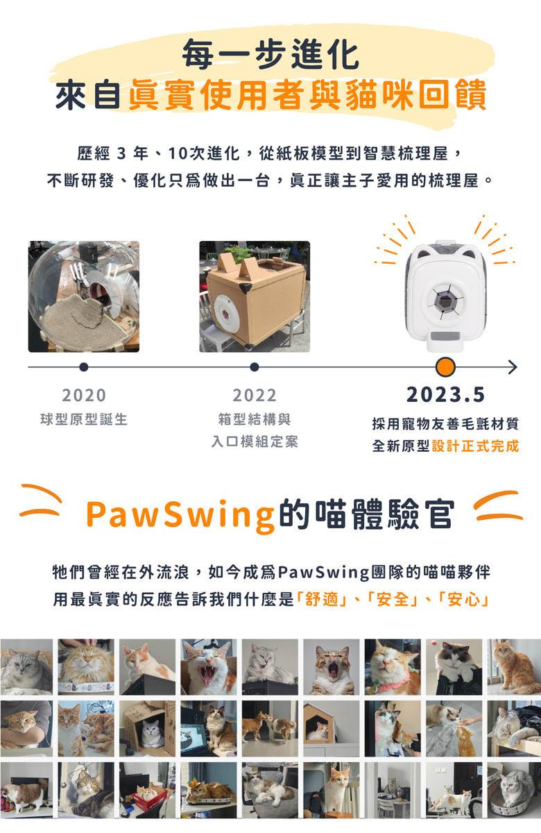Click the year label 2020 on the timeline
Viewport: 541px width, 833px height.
[x=84, y=395]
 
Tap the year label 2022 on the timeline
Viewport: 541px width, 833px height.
[x=255, y=395]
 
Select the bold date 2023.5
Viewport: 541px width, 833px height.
[x=445, y=394]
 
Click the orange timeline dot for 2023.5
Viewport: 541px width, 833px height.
[x=445, y=367]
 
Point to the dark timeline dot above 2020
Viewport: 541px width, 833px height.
[x=84, y=367]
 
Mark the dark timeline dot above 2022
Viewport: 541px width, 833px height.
[x=255, y=367]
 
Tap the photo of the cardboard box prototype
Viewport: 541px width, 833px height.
[x=255, y=296]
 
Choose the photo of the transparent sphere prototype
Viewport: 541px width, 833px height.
[x=84, y=296]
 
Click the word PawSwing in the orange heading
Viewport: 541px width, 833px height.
[x=180, y=514]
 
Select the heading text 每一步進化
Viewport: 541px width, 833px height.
[x=271, y=54]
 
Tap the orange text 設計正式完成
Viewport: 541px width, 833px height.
[x=475, y=446]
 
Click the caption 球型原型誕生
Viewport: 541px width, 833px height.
[x=84, y=419]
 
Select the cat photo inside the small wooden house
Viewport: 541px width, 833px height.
[x=332, y=728]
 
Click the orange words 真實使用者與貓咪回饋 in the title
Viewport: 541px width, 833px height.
[x=307, y=94]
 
